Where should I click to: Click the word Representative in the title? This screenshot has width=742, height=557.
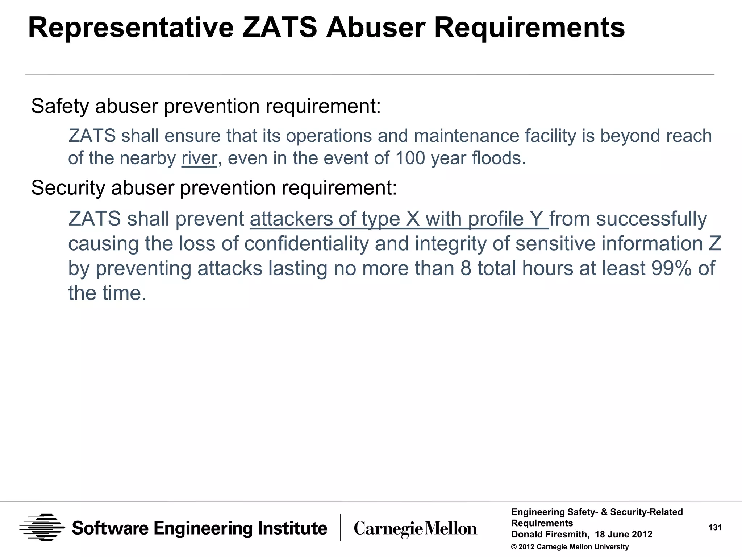coord(131,28)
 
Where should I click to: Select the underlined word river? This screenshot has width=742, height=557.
coord(199,158)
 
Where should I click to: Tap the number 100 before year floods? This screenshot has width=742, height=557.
coord(410,158)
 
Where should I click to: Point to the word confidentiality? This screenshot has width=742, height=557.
coord(306,243)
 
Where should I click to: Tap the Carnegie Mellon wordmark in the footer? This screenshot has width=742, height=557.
coord(415,529)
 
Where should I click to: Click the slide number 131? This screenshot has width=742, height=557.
coord(715,528)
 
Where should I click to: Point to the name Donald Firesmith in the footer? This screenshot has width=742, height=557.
coord(550,534)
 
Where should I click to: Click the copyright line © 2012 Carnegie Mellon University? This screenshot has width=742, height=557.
coord(570,547)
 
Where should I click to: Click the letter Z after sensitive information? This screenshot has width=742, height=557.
coord(715,243)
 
